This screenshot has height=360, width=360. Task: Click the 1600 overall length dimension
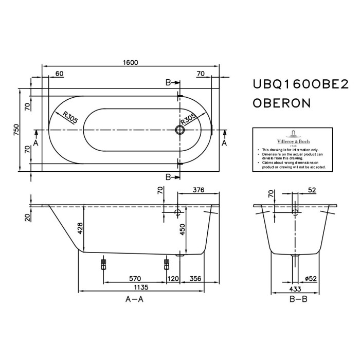coord(131,62)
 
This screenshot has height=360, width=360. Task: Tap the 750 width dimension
coord(16,130)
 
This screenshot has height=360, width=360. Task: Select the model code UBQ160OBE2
coord(300,84)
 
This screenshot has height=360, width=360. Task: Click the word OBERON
coord(282,103)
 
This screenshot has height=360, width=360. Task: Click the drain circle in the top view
coord(180,130)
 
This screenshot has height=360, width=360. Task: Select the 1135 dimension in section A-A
coord(141,287)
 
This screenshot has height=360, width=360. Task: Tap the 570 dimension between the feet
coord(135,279)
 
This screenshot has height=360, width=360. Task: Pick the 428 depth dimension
coord(80,228)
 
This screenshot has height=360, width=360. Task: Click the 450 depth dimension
coord(182,229)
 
